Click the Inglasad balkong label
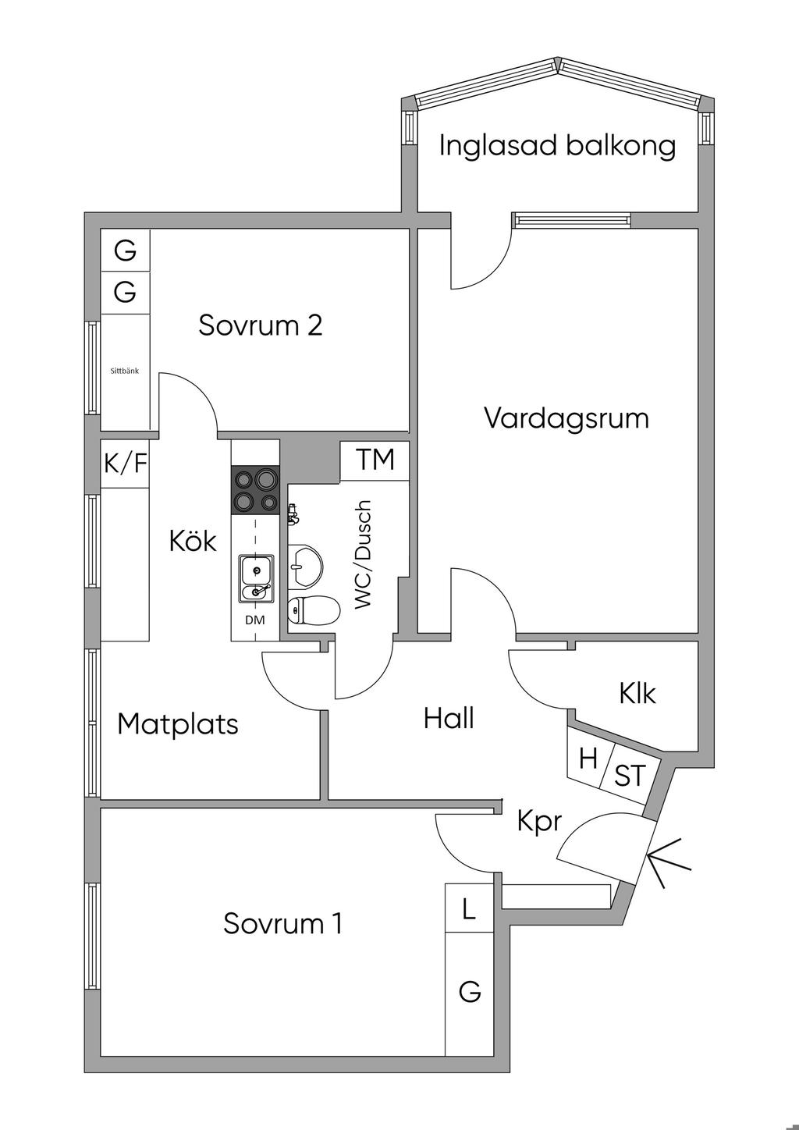coord(557,146)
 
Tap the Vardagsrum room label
coord(566,418)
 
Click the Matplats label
coord(178,724)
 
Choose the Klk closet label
coord(637,693)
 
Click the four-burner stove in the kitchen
coord(255,490)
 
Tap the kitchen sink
coord(256,578)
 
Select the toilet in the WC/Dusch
coord(313,610)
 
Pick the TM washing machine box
coord(375,460)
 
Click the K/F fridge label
coord(126,463)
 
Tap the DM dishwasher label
coord(255,620)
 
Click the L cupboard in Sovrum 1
coord(469,910)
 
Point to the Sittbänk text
coord(125,371)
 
